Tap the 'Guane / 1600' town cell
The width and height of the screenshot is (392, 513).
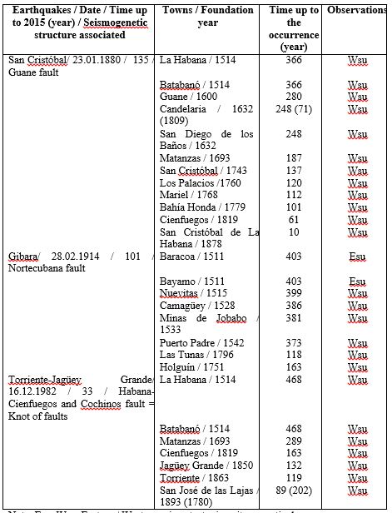(187, 97)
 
